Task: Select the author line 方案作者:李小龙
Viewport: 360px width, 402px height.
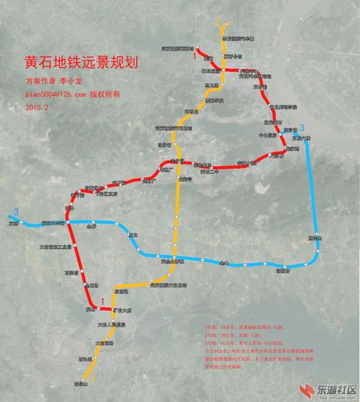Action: point(55,81)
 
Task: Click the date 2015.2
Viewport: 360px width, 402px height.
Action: point(37,106)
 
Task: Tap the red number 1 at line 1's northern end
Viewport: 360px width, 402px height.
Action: point(195,49)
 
